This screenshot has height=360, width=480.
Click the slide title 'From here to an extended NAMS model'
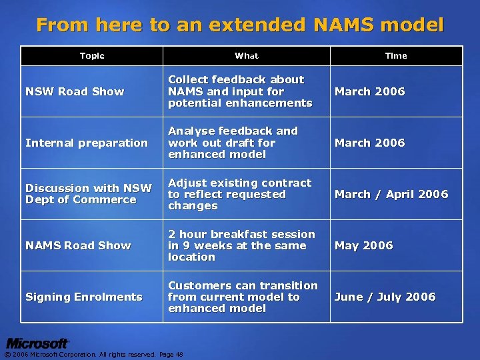(x=240, y=25)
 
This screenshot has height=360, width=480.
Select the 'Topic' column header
(x=92, y=56)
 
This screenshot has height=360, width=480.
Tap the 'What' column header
(x=246, y=56)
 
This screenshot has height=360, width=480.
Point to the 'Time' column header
(x=395, y=56)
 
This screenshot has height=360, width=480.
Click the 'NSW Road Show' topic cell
(x=75, y=91)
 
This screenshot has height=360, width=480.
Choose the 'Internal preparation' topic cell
(x=87, y=143)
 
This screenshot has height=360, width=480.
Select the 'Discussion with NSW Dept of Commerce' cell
(x=89, y=194)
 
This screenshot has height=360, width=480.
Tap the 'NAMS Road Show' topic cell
(x=78, y=245)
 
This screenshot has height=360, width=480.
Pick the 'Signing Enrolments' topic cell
(x=84, y=297)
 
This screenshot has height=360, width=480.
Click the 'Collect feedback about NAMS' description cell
(x=240, y=91)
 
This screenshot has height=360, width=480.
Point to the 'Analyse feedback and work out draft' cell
(x=233, y=143)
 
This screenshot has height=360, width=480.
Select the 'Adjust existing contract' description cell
(x=239, y=194)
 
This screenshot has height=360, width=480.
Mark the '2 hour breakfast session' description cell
(x=241, y=245)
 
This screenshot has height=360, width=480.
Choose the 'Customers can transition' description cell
(x=243, y=297)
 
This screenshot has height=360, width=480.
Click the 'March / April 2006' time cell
(x=391, y=194)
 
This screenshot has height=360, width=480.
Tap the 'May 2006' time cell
(x=363, y=245)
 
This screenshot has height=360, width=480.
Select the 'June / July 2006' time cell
(x=385, y=297)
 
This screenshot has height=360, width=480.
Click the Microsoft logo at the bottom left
(x=37, y=343)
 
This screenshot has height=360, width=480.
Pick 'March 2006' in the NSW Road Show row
(x=369, y=91)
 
